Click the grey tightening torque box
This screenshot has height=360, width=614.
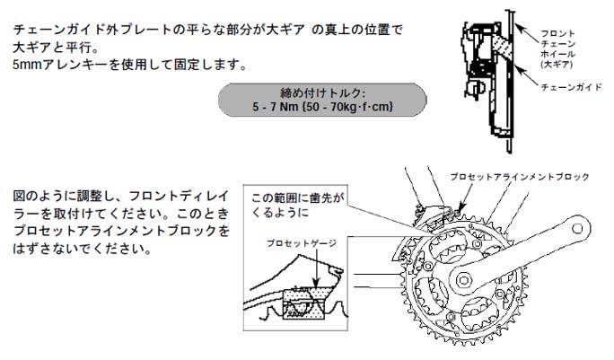322,100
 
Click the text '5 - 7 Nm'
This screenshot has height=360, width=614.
276,106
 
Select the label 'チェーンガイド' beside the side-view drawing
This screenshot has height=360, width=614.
571,87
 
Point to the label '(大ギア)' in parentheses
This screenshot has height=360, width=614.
557,65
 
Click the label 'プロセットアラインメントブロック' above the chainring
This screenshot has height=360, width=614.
520,177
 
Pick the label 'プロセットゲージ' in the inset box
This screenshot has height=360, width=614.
301,243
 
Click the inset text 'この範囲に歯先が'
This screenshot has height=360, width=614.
297,198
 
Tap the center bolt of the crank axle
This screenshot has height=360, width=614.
463,280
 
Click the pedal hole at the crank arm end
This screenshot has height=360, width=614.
577,228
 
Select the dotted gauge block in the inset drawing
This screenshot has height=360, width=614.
304,303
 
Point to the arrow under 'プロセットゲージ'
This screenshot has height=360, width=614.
316,268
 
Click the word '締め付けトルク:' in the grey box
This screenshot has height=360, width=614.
322,93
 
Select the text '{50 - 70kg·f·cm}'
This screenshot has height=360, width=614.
347,106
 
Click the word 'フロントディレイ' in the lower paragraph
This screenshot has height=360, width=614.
179,196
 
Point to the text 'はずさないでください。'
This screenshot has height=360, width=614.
82,249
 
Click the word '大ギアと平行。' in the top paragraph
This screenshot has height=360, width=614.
56,48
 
